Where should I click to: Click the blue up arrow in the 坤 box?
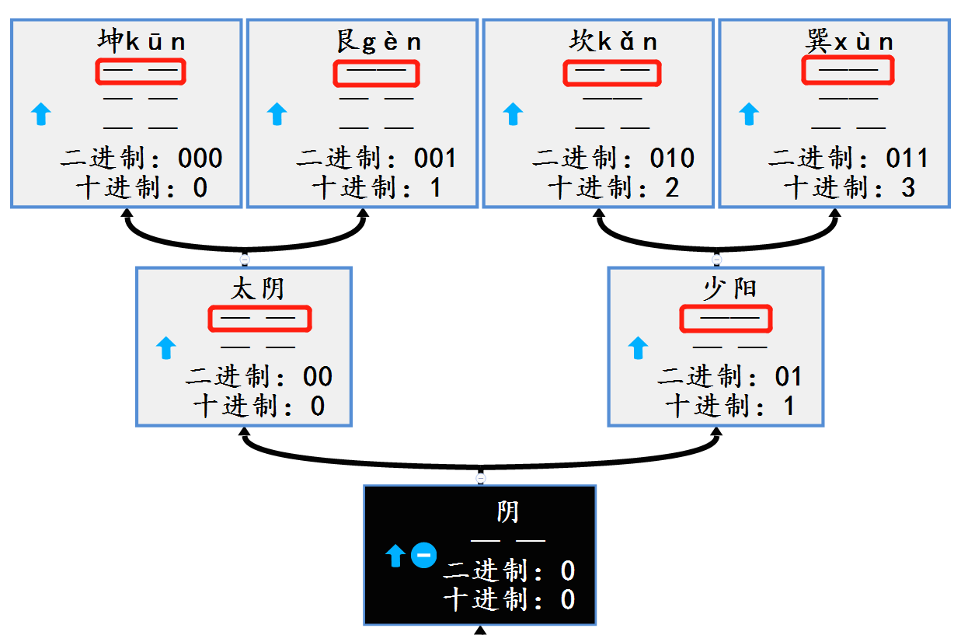pos(41,115)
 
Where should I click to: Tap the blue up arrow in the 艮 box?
pos(277,115)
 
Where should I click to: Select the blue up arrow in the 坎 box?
pos(513,115)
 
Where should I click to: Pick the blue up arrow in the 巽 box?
pos(748,115)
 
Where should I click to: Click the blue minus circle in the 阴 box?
pos(423,555)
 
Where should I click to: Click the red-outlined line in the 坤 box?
pos(141,72)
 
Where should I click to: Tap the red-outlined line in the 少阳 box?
pos(726,318)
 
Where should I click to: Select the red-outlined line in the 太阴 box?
pos(259,318)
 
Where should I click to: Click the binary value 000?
pos(200,159)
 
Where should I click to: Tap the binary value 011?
pos(907,159)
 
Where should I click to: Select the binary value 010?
pos(672,159)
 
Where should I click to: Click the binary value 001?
pos(435,159)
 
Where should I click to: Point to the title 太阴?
pos(258,289)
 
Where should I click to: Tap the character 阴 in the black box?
pos(507,512)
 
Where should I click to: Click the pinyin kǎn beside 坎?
pos(628,41)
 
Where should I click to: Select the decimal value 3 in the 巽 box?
pos(908,187)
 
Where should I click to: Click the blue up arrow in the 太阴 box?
pos(166,348)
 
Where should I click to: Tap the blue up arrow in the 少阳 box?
pos(637,348)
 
